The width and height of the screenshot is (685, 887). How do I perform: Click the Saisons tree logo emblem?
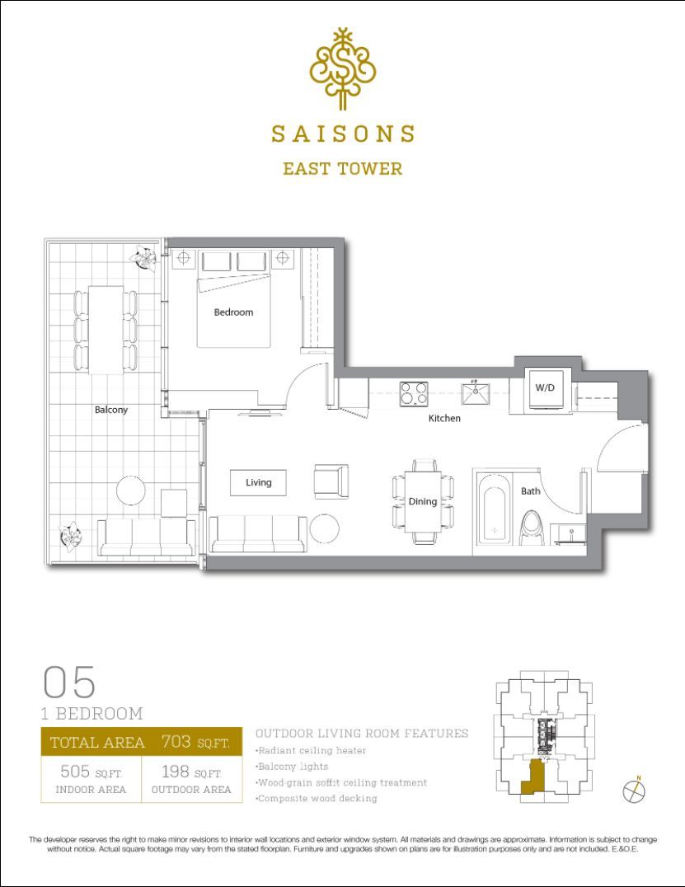point(342,68)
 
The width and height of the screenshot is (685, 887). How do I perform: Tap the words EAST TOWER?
point(343,168)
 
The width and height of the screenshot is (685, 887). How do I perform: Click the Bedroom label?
point(233,312)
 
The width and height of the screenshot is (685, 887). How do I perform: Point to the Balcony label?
point(111,410)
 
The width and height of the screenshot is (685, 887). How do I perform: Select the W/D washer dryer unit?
point(545,388)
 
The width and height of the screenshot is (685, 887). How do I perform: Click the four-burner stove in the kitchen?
point(414,394)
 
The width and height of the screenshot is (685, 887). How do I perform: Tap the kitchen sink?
point(476,393)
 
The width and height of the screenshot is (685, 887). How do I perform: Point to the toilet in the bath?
point(532,528)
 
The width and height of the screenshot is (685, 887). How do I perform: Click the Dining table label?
point(423,501)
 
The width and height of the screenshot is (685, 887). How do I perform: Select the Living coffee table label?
point(259,482)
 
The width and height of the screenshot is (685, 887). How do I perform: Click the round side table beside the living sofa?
point(325,528)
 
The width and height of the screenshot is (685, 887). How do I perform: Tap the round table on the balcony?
point(131,490)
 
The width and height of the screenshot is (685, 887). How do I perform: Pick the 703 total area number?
point(176,741)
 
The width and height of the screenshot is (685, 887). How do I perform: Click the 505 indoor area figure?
point(75,771)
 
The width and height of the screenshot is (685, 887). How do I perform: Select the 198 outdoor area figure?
point(176,771)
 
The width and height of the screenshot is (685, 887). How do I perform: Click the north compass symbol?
point(634,790)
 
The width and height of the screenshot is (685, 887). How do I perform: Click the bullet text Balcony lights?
point(292,767)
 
